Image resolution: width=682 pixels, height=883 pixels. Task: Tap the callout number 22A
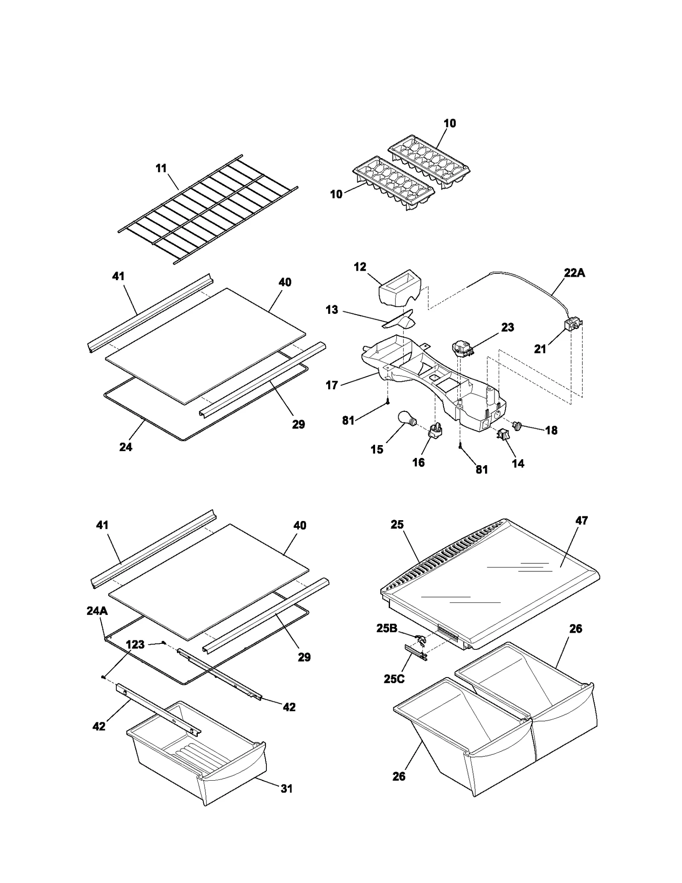click(574, 273)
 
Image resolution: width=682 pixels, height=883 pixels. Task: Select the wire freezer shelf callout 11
click(161, 168)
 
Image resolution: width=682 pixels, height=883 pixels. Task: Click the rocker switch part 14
click(502, 434)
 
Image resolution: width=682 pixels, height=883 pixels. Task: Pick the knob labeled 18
click(518, 426)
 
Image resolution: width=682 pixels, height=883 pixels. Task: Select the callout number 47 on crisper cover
click(581, 521)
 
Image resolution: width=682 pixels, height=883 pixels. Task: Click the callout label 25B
click(387, 628)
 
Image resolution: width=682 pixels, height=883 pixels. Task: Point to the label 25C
click(393, 679)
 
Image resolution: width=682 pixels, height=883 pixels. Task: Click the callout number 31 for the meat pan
click(286, 789)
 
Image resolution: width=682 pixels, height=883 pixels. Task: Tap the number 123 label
click(135, 645)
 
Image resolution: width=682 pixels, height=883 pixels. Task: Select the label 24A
click(97, 611)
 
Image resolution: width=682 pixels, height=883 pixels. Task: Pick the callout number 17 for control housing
click(331, 385)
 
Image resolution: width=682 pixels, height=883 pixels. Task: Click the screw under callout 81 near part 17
click(388, 401)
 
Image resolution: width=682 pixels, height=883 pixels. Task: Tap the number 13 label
click(332, 310)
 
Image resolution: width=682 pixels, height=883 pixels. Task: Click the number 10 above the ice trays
click(450, 123)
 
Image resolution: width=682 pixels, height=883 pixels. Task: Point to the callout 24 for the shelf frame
click(126, 447)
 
